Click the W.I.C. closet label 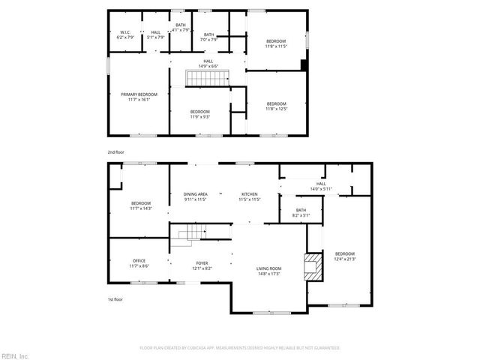click(126, 35)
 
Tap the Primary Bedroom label click(139, 97)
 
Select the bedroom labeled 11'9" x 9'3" click(199, 114)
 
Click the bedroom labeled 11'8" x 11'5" click(276, 43)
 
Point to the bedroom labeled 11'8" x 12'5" click(276, 106)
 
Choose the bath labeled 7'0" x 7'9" click(208, 37)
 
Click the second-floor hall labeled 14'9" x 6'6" click(208, 64)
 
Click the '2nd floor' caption click(115, 152)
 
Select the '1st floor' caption click(115, 299)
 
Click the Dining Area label click(195, 197)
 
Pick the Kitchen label click(250, 197)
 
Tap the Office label click(139, 263)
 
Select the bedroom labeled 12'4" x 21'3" click(345, 256)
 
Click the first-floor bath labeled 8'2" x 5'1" click(301, 213)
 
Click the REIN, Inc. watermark click(15, 355)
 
